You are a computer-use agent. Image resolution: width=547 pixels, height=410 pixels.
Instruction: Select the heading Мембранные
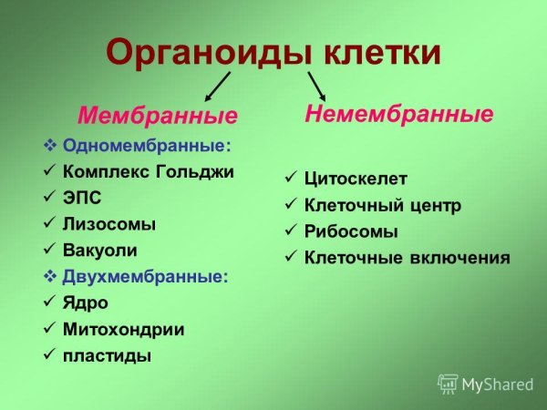[x=157, y=117]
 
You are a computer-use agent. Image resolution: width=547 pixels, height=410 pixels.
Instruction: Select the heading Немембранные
[x=398, y=114]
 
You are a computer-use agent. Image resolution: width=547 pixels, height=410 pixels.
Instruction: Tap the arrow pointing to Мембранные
[x=216, y=87]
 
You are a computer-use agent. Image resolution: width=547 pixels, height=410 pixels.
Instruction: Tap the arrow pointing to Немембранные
[x=316, y=87]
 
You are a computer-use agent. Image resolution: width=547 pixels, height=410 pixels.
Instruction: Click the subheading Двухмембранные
[x=146, y=274]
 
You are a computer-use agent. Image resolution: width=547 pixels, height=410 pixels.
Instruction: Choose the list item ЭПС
[x=83, y=197]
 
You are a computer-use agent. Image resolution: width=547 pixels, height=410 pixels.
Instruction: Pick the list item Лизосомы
[x=108, y=222]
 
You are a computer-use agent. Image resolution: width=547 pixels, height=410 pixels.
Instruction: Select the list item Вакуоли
[x=100, y=248]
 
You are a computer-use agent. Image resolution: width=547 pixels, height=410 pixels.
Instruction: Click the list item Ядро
[x=86, y=302]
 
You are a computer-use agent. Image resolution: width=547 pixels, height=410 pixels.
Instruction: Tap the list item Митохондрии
[x=123, y=329]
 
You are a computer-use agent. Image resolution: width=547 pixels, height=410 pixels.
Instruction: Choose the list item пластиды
[x=107, y=355]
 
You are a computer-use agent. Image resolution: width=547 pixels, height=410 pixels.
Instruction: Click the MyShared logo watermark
[x=485, y=384]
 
